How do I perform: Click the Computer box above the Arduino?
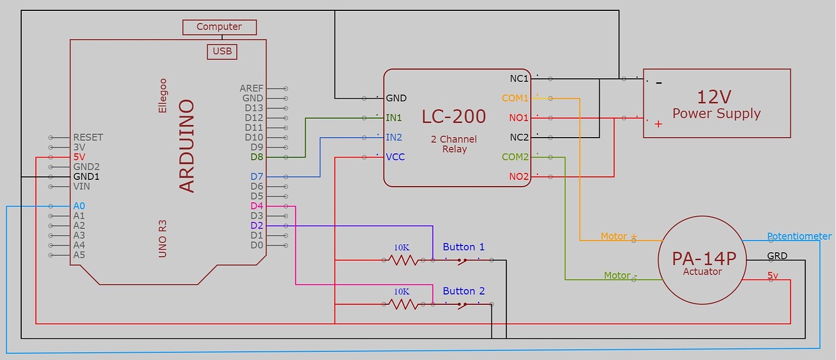click(x=219, y=27)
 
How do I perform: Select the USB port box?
click(x=222, y=52)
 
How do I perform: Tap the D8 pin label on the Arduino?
click(x=257, y=157)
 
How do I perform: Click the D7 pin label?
click(x=257, y=176)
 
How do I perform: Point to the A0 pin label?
click(x=79, y=206)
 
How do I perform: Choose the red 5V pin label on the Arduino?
click(x=79, y=157)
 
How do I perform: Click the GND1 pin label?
click(x=86, y=176)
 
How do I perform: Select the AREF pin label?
click(x=251, y=88)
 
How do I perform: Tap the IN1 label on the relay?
click(x=394, y=118)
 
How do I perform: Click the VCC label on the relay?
click(x=395, y=157)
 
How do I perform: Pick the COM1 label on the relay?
click(x=515, y=98)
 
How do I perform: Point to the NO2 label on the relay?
click(x=519, y=176)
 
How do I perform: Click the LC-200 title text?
click(x=454, y=116)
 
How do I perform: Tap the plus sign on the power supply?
click(x=659, y=124)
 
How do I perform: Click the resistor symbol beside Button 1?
click(x=403, y=260)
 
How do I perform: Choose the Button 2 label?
click(x=463, y=291)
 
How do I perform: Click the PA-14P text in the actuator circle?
click(x=703, y=259)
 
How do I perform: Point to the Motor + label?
click(x=619, y=236)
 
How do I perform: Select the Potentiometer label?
click(x=799, y=236)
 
